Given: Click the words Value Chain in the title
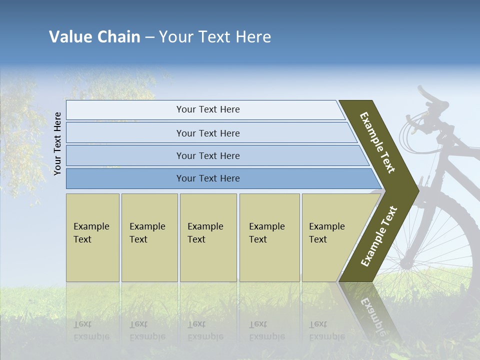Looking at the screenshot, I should click(94, 37).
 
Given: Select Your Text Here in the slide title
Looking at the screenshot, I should click(215, 37).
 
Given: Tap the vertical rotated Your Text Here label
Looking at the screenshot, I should click(57, 143).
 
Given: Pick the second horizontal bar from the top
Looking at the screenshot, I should click(207, 133).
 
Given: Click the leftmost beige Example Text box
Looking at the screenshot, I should click(92, 237).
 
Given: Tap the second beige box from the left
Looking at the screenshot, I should click(149, 237).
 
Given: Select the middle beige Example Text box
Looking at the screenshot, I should click(208, 237).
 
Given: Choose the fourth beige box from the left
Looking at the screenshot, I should click(269, 237).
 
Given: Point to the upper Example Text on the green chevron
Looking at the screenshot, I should click(377, 142).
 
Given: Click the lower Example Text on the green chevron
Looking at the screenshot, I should click(379, 236).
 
